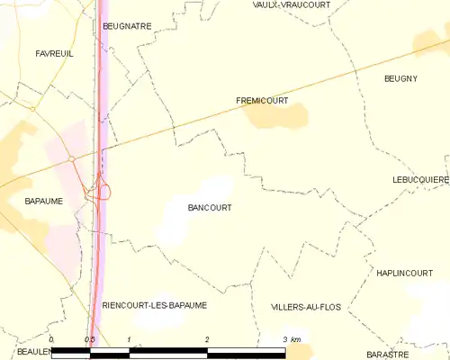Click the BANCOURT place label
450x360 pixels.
[210, 207]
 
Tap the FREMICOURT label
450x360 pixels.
[262, 101]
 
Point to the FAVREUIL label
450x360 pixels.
[54, 54]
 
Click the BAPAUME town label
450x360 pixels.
[44, 202]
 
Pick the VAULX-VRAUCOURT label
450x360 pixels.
[292, 4]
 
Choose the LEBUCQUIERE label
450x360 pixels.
[420, 180]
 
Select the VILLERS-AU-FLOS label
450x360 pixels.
[306, 307]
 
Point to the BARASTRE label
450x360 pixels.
[389, 354]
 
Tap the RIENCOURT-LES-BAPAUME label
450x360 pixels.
[155, 305]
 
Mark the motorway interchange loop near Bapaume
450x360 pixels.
[104, 190]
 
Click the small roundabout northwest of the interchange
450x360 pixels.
[70, 159]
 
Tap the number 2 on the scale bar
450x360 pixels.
[208, 339]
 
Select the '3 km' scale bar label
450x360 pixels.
[292, 339]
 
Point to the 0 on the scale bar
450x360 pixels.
[52, 339]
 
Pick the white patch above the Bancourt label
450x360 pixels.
[216, 187]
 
